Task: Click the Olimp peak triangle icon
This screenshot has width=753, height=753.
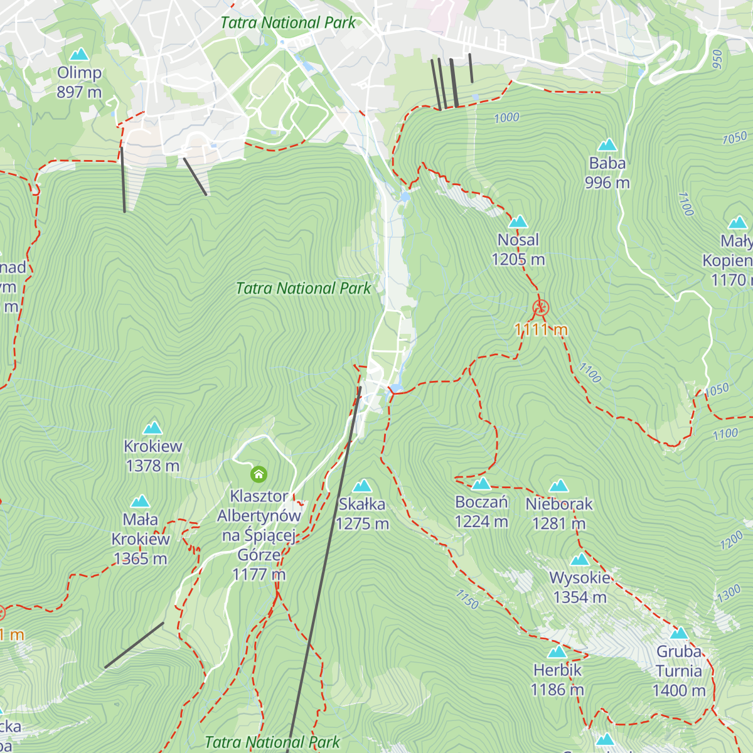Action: click(79, 55)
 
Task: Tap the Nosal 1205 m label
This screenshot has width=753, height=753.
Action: click(518, 250)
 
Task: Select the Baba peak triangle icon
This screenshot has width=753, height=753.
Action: click(607, 146)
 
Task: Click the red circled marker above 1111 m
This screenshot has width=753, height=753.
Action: click(541, 307)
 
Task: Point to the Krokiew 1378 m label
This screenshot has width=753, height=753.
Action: click(153, 456)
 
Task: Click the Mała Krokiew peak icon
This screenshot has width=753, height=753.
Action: click(140, 501)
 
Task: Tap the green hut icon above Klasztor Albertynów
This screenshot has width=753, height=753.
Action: click(259, 474)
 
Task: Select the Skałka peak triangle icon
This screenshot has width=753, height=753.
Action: click(362, 486)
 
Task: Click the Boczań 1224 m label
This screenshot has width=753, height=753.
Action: click(481, 511)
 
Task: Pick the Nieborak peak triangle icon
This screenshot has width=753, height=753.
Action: click(558, 486)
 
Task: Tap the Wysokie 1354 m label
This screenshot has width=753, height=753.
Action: click(580, 587)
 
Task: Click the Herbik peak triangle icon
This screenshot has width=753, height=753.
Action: click(557, 653)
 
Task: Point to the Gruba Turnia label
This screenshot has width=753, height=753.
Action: click(679, 671)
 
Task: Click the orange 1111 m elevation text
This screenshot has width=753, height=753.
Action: click(541, 329)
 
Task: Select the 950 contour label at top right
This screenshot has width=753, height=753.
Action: click(717, 59)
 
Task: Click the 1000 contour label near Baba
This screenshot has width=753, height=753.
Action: click(506, 118)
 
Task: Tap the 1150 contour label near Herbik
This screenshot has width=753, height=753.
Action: click(467, 599)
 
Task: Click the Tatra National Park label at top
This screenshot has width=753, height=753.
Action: click(288, 23)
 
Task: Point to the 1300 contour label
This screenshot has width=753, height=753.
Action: click(729, 594)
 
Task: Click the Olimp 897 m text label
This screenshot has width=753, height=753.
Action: click(79, 82)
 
